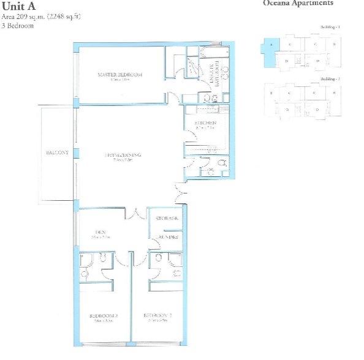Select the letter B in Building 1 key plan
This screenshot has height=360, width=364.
tap(333, 44)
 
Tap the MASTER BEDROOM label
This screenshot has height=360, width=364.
tap(120, 75)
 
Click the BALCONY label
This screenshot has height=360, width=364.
tap(57, 152)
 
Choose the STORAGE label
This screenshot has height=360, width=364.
tap(167, 219)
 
